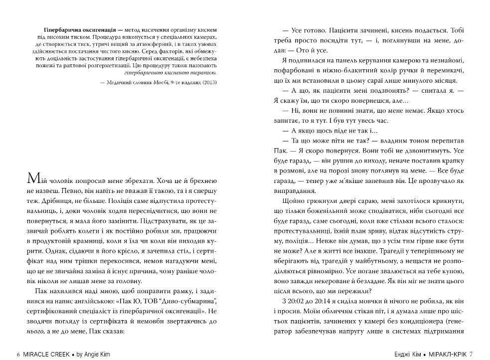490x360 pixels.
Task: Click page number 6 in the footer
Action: click(x=18, y=354)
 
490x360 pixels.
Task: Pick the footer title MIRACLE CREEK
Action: click(x=47, y=354)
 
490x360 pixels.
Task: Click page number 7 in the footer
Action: click(x=471, y=354)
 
